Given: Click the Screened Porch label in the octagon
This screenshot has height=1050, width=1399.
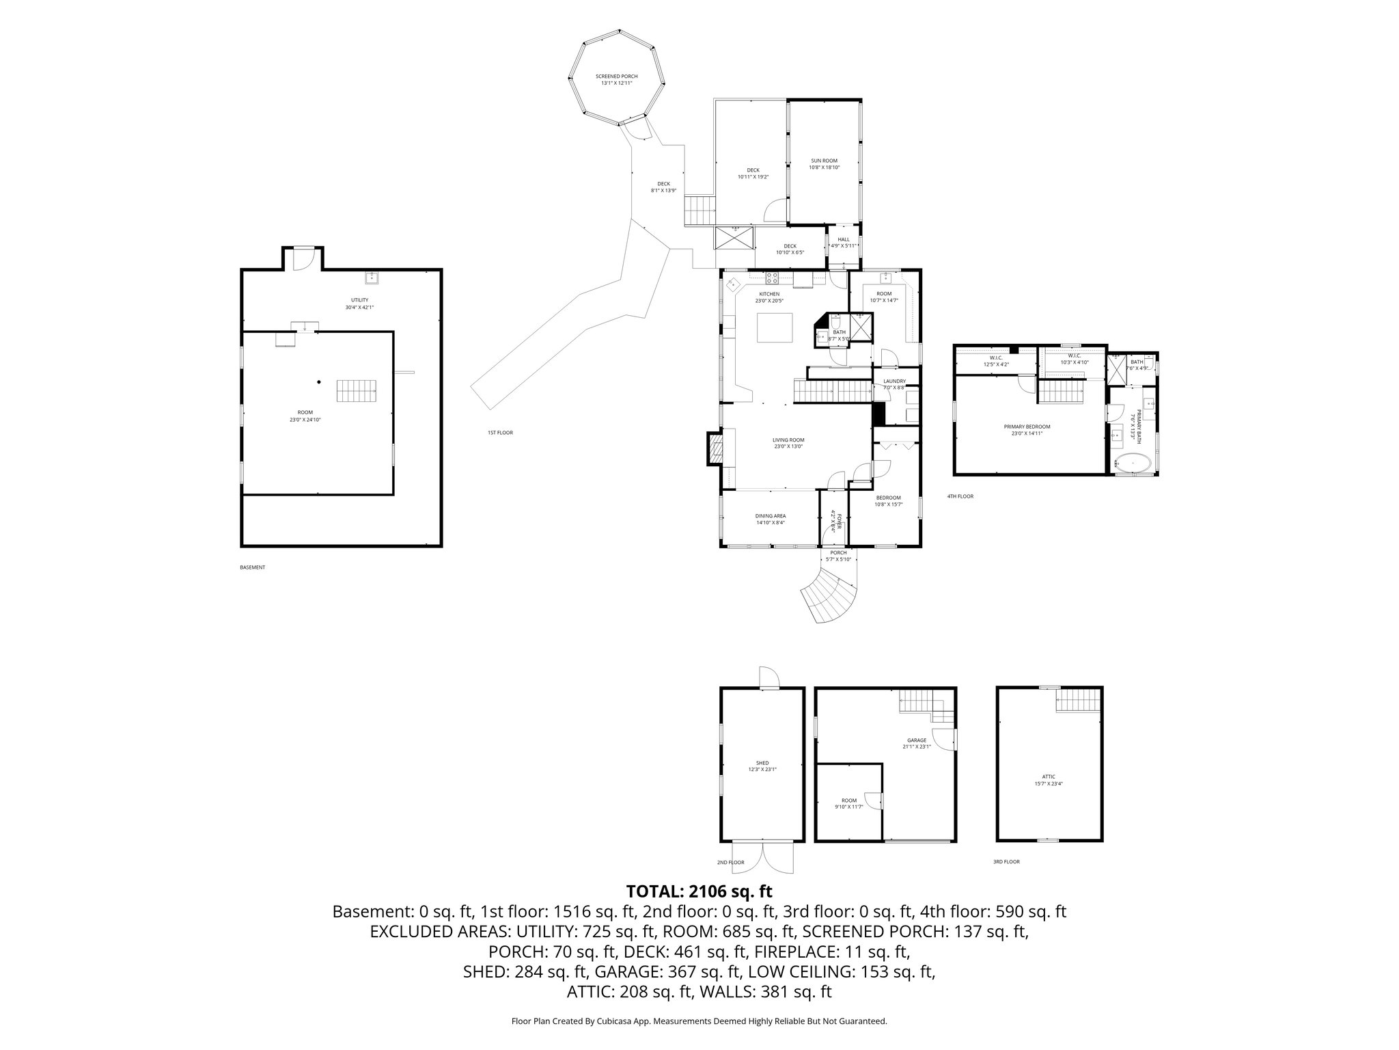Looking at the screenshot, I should tap(616, 79).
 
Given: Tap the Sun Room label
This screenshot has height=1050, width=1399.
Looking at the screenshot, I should tap(823, 163).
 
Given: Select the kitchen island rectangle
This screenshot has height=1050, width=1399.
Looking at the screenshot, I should tap(775, 327).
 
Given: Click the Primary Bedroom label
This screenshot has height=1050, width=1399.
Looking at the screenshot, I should tap(1027, 429).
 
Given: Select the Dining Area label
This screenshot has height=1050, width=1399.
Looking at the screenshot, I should tap(770, 519).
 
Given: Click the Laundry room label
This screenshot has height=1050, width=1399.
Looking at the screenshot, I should tap(894, 384).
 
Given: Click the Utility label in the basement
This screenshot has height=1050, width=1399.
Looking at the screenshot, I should tap(359, 303).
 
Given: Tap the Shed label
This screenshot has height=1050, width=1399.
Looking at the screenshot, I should tap(762, 766).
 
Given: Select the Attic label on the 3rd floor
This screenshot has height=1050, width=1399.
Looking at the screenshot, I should tap(1049, 780).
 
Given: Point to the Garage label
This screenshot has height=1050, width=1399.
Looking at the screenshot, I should tap(916, 743).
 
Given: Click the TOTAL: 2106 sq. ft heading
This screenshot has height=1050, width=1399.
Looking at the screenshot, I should tap(699, 891).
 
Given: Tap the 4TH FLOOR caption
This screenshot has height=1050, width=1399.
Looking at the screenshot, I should tap(960, 496).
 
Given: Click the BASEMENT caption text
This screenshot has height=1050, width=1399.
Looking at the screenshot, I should tap(252, 567).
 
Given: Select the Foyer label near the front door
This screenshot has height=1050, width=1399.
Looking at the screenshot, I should tap(833, 521).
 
